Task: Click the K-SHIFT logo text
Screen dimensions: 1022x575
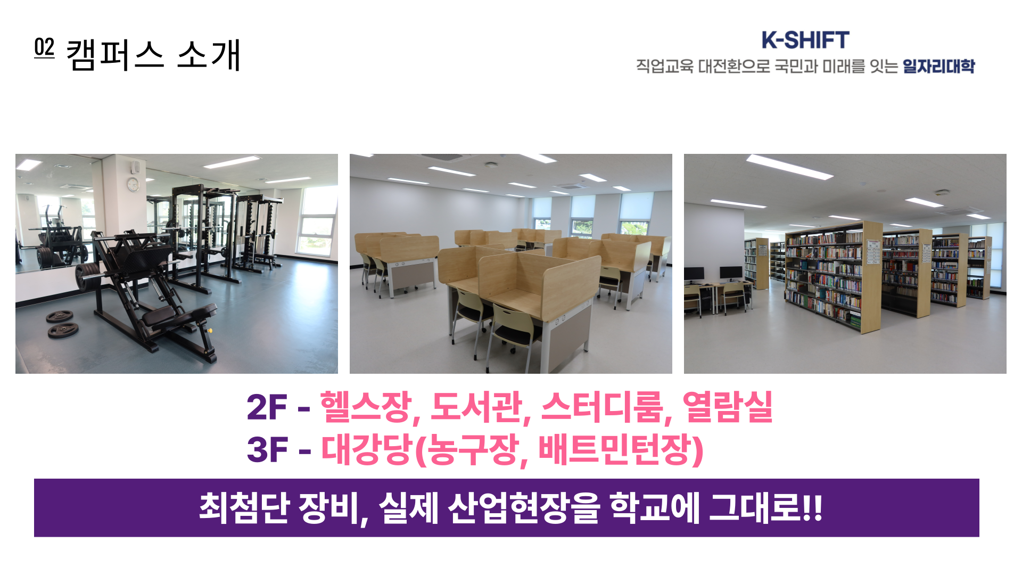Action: coord(805,40)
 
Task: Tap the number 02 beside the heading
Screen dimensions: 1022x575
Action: coord(44,48)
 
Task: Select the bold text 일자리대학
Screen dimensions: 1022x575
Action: coord(938,67)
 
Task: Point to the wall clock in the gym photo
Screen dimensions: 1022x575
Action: coord(133,184)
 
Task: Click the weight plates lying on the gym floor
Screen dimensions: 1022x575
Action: coord(62,324)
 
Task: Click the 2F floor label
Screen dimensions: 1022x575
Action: coord(267,408)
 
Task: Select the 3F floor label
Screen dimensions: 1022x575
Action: coord(267,450)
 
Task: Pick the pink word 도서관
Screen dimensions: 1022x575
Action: coord(476,407)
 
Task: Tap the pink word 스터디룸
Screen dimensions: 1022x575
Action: coord(603,407)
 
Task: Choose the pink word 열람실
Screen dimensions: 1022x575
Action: coord(727,407)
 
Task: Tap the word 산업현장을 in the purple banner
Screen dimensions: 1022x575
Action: coord(524,507)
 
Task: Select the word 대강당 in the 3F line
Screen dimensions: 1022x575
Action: coord(367,450)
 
